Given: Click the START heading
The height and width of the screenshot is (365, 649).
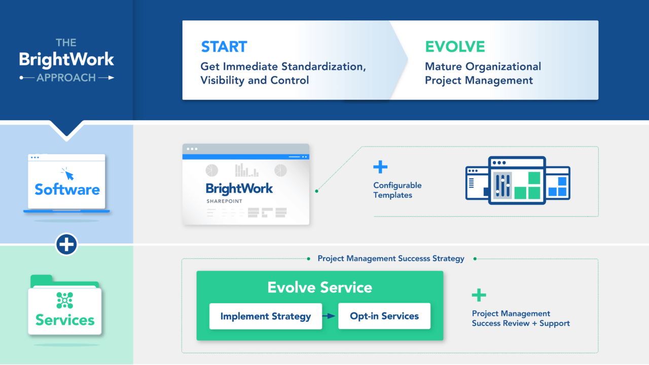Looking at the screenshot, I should (224, 47).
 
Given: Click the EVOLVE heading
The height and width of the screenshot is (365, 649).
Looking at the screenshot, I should (455, 47).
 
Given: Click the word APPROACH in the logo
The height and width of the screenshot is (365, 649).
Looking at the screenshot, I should (66, 78).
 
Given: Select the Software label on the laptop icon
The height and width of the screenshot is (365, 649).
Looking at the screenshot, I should (67, 190).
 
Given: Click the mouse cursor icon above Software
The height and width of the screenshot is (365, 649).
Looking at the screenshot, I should (67, 174).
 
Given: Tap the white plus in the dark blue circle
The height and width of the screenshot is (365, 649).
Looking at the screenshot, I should (66, 245).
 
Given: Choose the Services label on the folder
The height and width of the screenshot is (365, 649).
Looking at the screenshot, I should (65, 320).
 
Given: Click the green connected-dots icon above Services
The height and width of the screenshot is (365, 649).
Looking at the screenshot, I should (65, 300).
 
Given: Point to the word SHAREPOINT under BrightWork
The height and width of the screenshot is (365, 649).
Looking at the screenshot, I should (224, 201).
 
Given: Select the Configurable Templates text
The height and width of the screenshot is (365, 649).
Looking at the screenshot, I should (398, 190).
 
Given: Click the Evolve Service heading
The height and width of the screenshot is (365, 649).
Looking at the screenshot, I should (320, 287).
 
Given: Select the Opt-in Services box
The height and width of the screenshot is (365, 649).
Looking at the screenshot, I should (384, 316).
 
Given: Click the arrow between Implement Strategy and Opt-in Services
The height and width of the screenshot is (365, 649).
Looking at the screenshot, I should (330, 316).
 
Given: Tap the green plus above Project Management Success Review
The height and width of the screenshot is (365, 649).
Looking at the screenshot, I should (479, 295).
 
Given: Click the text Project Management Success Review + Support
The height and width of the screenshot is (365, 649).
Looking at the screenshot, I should (521, 318).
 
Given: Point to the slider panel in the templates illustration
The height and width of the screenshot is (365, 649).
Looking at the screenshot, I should (502, 185).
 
